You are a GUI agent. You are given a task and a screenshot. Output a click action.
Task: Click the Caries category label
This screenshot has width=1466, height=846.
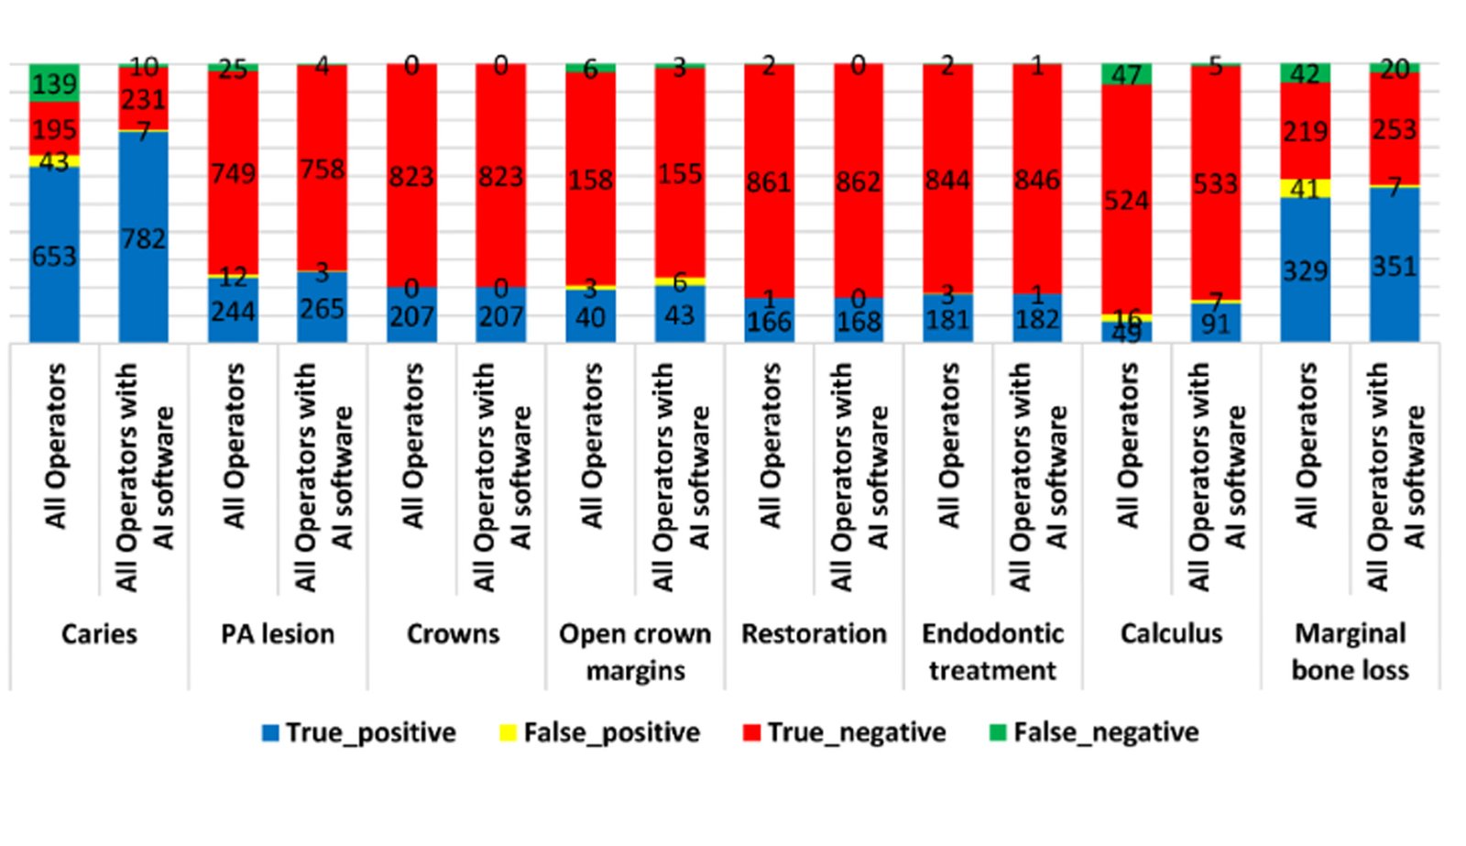(99, 634)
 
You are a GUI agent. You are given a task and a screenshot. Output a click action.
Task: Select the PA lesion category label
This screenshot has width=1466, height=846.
(278, 634)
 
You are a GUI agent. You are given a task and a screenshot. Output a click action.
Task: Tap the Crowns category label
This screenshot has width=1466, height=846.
(454, 634)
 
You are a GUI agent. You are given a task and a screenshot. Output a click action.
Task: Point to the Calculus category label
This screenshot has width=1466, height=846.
(1171, 634)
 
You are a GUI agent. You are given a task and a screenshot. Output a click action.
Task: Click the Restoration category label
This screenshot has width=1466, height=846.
(814, 634)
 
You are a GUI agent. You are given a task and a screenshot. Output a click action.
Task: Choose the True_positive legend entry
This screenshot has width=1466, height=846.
(359, 732)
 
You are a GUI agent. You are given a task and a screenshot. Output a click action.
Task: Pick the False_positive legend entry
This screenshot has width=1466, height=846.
(600, 732)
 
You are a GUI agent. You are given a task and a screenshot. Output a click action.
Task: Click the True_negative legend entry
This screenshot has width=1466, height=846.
(845, 732)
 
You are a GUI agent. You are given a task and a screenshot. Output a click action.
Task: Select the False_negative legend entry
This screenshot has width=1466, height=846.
(1095, 732)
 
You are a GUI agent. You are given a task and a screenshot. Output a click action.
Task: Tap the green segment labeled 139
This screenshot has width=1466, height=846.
(54, 82)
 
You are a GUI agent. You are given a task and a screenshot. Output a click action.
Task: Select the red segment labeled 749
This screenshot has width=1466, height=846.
(233, 172)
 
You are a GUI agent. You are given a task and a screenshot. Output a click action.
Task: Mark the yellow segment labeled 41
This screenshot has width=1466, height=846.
(1305, 188)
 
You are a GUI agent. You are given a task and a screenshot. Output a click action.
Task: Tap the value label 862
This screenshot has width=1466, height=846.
(859, 182)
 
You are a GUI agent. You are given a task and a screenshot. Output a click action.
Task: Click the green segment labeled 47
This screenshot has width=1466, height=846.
(1126, 73)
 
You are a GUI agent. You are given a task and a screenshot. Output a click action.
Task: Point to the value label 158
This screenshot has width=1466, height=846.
(590, 179)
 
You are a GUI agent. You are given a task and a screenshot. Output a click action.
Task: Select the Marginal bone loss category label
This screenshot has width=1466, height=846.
(1350, 652)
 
